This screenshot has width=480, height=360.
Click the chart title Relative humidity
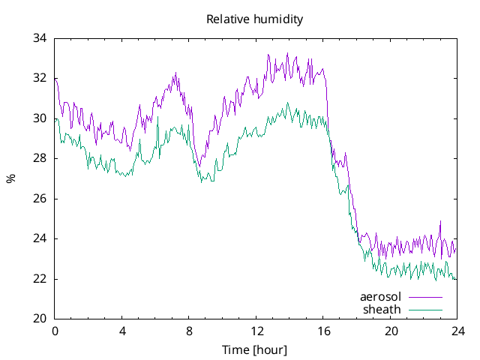255,19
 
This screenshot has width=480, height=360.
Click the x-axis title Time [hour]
255,349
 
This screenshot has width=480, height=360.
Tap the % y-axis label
10,178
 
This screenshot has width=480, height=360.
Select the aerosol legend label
381,297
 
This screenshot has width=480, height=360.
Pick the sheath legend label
382,309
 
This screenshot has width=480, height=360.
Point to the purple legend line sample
424,297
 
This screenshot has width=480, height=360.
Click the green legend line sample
424,309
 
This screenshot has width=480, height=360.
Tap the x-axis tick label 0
55,331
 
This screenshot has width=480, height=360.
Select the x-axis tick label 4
122,331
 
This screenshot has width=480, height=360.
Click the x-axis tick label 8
189,331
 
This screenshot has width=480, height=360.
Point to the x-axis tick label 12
256,331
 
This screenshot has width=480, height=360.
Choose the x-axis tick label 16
323,331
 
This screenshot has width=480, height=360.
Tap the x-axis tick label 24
457,331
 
